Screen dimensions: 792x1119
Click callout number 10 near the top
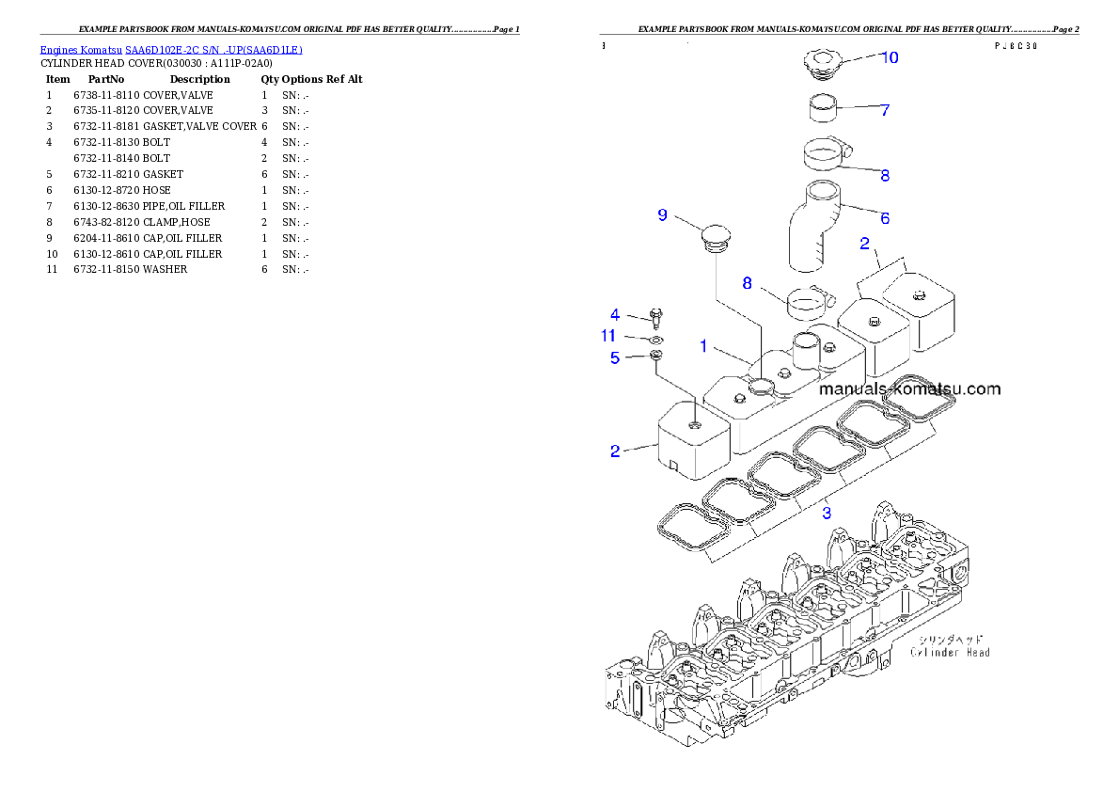[889, 58]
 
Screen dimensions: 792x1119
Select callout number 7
[884, 110]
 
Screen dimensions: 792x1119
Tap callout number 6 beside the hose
[884, 217]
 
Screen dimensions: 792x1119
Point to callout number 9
[662, 215]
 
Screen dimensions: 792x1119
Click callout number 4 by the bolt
[615, 315]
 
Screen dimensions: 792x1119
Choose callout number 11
[608, 336]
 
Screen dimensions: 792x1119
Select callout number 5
[615, 357]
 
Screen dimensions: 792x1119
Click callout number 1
[702, 346]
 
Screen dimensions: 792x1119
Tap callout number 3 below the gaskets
[827, 513]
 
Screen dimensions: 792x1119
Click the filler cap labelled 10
[822, 64]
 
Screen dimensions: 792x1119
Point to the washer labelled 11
[655, 339]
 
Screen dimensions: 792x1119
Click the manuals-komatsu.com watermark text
[909, 388]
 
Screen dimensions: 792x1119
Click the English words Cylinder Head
[950, 652]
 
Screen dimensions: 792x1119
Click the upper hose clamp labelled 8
[825, 152]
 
